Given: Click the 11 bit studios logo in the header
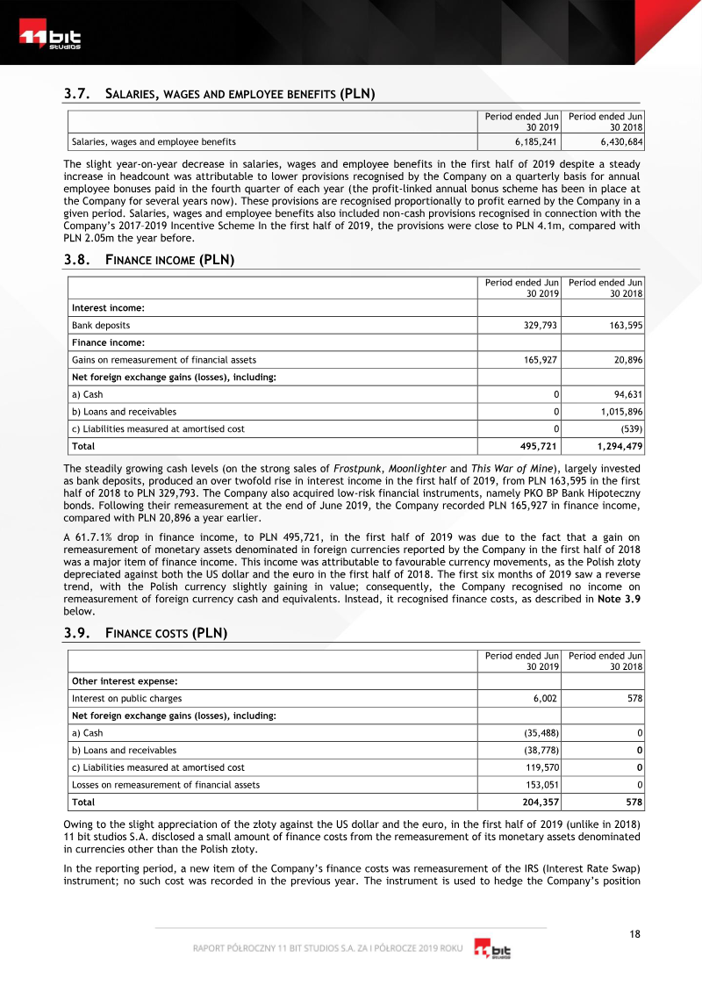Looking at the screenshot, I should click(50, 40).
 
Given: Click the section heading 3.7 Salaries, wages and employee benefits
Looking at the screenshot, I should click(219, 93).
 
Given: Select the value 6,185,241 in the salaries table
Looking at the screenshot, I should click(533, 141).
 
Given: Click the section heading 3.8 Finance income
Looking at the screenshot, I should click(149, 260).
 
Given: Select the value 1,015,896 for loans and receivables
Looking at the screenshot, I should click(620, 411).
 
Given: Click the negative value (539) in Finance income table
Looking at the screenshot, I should click(631, 428).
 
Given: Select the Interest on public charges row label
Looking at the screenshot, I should click(126, 698).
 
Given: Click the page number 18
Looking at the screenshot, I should click(635, 933).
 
